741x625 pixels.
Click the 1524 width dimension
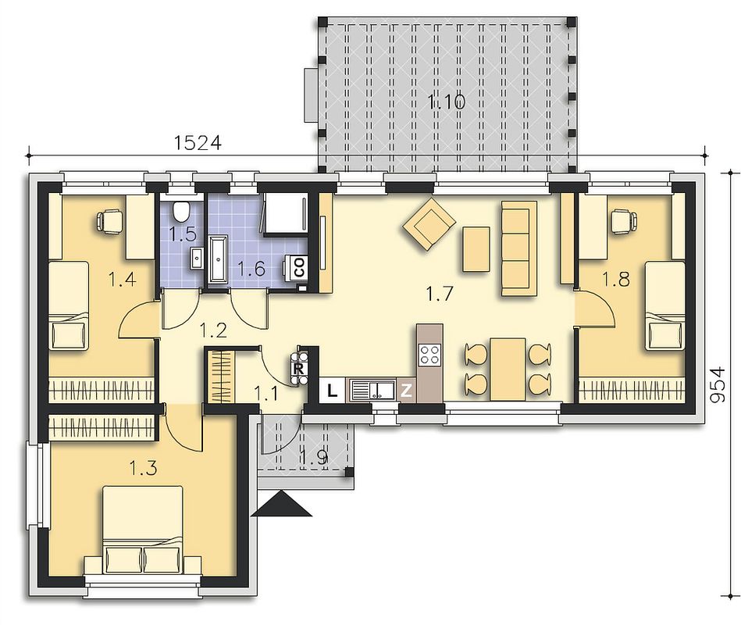click(198, 142)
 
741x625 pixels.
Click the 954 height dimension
click(718, 384)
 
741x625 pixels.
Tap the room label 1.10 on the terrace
click(447, 102)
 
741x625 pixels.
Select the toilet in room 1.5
click(181, 210)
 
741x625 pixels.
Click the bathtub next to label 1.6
click(217, 259)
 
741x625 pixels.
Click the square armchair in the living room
click(429, 223)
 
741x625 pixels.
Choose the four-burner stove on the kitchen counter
click(429, 354)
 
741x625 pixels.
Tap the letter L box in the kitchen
click(333, 391)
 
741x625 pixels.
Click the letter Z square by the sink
click(406, 391)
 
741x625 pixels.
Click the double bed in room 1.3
click(143, 530)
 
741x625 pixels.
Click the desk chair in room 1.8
click(624, 221)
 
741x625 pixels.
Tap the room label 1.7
click(440, 294)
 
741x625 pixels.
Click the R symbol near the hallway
click(299, 367)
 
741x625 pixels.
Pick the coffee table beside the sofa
click(476, 249)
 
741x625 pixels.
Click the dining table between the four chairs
click(508, 370)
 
